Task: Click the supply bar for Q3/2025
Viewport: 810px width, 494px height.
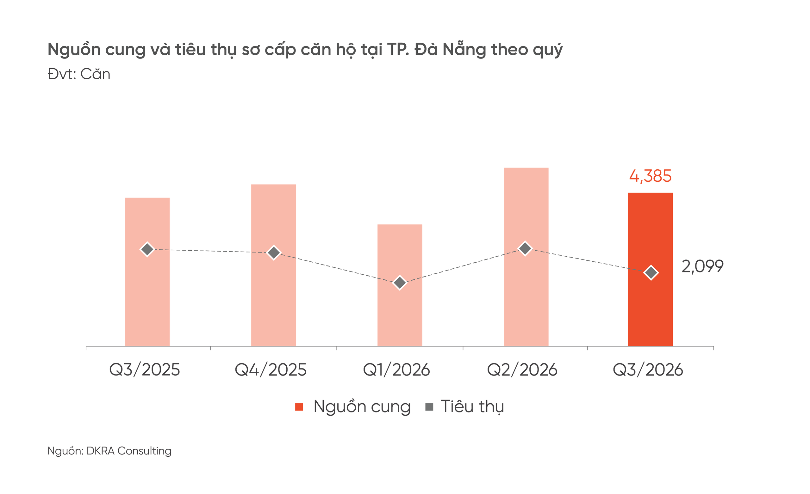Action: coord(147,272)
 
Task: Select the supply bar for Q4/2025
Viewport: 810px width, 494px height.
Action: coord(273,265)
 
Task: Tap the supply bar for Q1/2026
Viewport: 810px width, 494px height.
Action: coord(400,285)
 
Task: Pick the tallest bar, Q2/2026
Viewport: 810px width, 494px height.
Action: coord(526,257)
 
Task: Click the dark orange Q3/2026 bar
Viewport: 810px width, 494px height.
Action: coord(651,269)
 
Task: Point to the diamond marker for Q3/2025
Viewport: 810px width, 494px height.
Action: coord(147,250)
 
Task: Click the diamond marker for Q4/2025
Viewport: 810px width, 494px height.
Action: coord(274,253)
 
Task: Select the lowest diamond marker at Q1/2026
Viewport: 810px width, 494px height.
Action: coord(400,283)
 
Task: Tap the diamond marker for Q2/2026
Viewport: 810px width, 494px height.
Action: coord(525,248)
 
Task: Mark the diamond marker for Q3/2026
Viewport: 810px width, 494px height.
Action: coord(651,273)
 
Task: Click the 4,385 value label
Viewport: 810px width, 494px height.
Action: coord(650,176)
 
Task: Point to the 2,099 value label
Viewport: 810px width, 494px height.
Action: coord(702,266)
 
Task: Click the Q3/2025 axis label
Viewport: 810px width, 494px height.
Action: coord(145,369)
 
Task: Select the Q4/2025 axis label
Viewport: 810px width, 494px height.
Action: coord(271,369)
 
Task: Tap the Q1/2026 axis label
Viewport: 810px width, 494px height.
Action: coord(396,369)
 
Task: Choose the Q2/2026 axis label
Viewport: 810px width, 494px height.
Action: coord(522,369)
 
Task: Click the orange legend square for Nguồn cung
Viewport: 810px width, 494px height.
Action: coord(299,407)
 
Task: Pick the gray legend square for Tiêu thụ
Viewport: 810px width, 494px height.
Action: coord(429,407)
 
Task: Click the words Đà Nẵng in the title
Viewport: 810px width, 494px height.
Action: coord(450,49)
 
